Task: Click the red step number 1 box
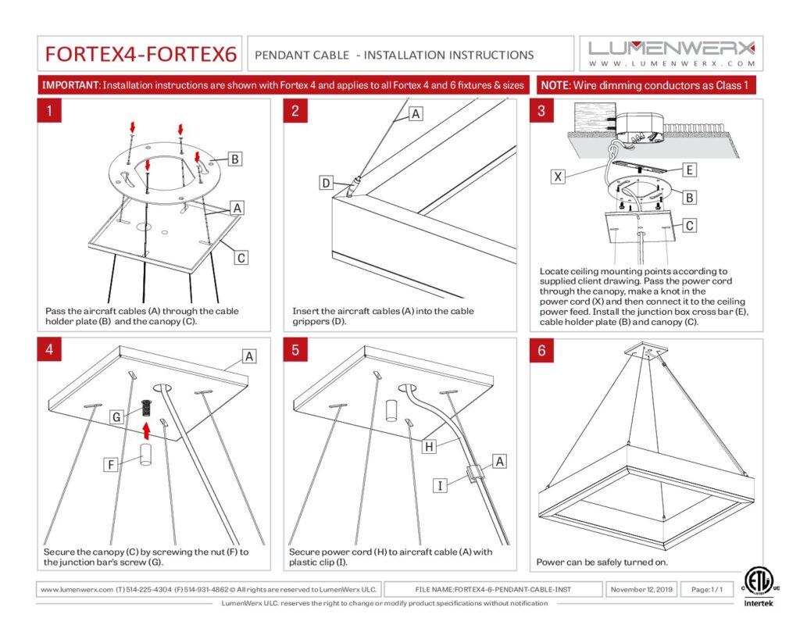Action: [x=49, y=111]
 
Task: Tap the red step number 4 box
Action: [x=49, y=349]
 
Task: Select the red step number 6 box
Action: [x=541, y=351]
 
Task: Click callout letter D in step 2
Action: [x=326, y=183]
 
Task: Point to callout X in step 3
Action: [x=558, y=177]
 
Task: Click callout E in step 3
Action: [x=689, y=170]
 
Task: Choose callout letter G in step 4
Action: [x=116, y=417]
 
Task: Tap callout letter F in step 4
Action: [x=110, y=464]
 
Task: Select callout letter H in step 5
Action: [x=429, y=447]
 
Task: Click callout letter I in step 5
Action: [x=440, y=485]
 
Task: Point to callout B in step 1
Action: [x=234, y=159]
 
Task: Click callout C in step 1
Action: [x=241, y=258]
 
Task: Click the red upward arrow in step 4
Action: [x=146, y=430]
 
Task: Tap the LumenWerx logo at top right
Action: [x=671, y=53]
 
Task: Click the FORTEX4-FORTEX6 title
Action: [x=141, y=54]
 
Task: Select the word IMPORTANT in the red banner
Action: [x=70, y=85]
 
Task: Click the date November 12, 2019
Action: [x=641, y=589]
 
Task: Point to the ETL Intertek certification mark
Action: [x=758, y=587]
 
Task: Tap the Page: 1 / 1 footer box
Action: [x=706, y=589]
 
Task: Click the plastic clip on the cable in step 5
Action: [x=472, y=473]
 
